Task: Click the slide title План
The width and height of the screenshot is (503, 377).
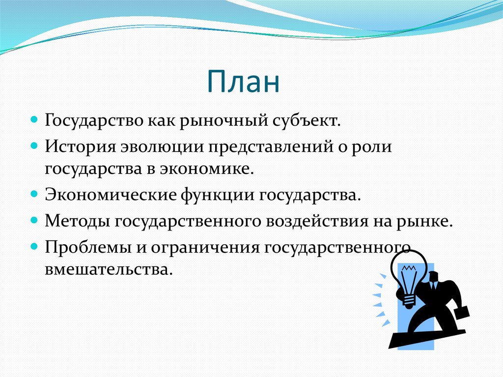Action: tap(244, 82)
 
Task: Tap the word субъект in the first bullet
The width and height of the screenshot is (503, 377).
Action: tap(307, 120)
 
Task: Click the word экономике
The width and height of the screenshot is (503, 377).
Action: tap(207, 169)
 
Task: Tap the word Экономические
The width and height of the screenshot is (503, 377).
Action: tap(111, 195)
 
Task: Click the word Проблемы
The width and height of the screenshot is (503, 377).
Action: tap(88, 247)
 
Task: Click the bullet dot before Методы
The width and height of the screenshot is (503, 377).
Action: tap(34, 221)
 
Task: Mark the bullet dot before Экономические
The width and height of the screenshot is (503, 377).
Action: tap(34, 194)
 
